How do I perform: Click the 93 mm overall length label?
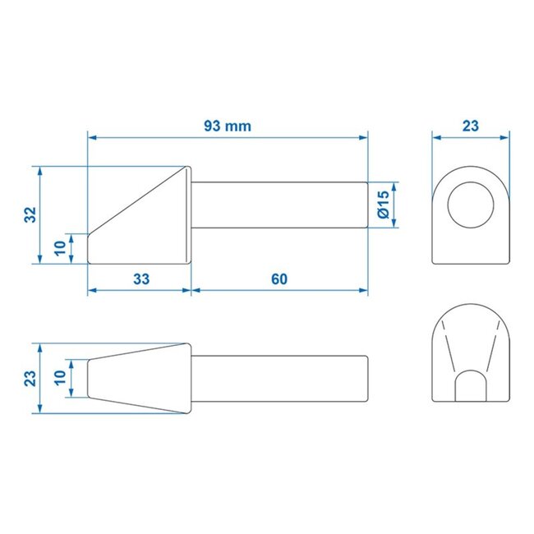pos(228,126)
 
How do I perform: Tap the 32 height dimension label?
pos(30,214)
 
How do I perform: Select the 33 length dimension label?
pos(140,279)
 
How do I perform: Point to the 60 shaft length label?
pos(279,279)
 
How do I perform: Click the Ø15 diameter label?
pos(382,204)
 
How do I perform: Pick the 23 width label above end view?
pos(470,126)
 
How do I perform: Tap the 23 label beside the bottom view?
pos(30,379)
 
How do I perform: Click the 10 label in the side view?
pos(60,248)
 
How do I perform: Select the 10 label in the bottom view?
pos(60,379)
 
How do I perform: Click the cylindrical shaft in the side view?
pos(279,205)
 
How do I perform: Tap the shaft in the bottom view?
pos(279,379)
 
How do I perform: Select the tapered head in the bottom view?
pos(140,379)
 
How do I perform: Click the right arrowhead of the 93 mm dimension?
pos(364,138)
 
